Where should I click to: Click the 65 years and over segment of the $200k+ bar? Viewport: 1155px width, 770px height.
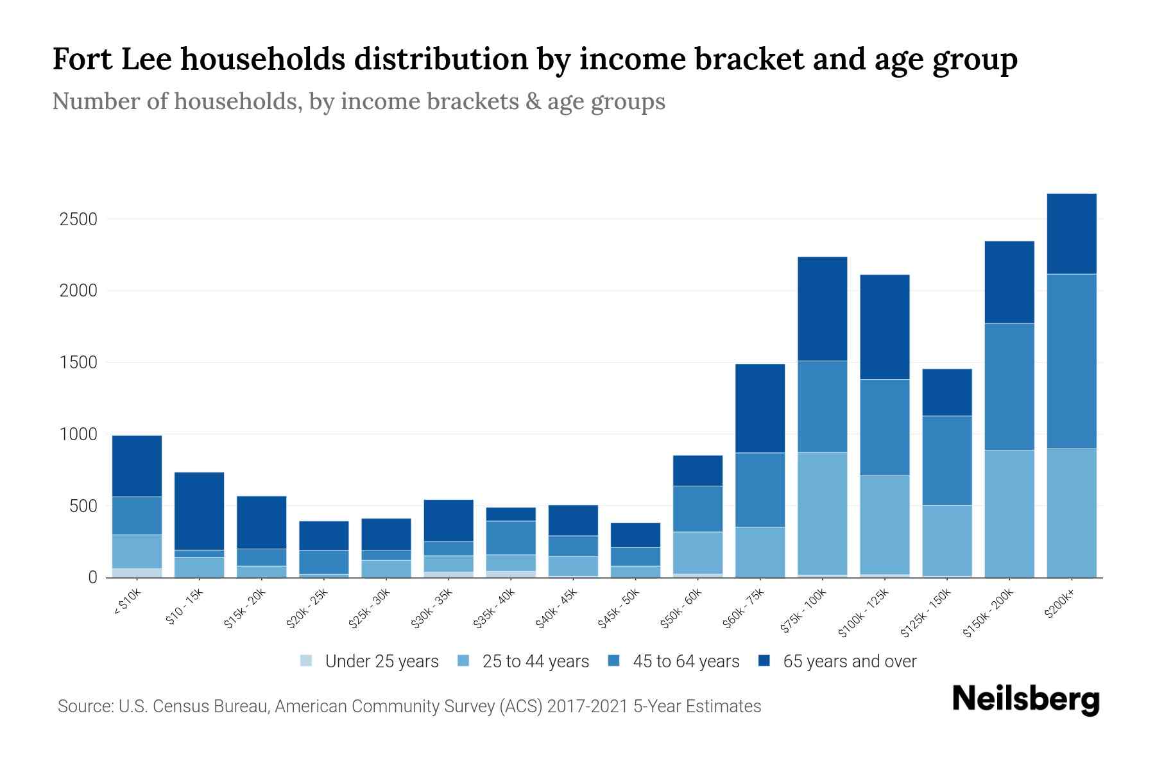tap(1071, 234)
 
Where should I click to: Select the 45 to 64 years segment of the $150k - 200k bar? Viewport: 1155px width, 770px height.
tap(1009, 387)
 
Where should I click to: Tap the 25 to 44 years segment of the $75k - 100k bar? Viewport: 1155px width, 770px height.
tap(822, 513)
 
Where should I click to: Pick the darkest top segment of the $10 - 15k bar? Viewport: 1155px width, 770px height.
tap(199, 511)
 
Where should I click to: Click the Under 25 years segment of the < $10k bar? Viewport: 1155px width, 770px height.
tap(137, 572)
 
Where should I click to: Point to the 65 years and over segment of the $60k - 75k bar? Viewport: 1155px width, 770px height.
tap(760, 408)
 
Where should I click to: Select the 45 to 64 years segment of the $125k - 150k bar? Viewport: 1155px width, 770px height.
tap(946, 460)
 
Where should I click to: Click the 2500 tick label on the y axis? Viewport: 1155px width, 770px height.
tap(78, 219)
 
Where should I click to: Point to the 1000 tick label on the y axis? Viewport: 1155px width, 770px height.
tap(78, 434)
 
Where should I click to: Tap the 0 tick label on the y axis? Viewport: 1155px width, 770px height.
tap(92, 577)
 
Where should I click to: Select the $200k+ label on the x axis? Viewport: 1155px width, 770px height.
tap(1059, 604)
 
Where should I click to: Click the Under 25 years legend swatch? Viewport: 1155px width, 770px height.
tap(306, 661)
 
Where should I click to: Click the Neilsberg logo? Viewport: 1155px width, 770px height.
tap(1025, 699)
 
